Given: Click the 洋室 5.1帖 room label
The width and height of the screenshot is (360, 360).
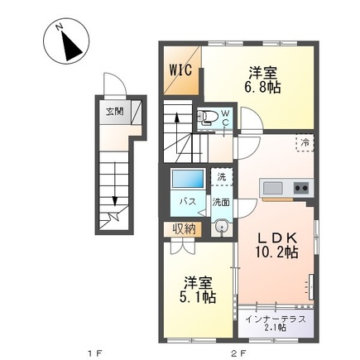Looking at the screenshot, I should pos(199,289).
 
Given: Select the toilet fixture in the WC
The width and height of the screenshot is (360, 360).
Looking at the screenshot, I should pos(208,117).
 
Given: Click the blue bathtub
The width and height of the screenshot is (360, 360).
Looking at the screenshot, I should pos(187,180).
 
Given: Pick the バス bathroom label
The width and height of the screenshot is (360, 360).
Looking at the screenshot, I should pos(188,201).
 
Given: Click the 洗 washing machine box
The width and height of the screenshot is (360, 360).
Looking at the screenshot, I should pos(221,178).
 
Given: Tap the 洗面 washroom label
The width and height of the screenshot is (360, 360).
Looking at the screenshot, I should pos(221,201).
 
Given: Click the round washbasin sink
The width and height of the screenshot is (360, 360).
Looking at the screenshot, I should pos(220,228).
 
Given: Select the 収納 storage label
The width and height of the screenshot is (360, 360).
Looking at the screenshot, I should pos(185,229).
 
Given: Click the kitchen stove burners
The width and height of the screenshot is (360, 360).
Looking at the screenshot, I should pos(300,188).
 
